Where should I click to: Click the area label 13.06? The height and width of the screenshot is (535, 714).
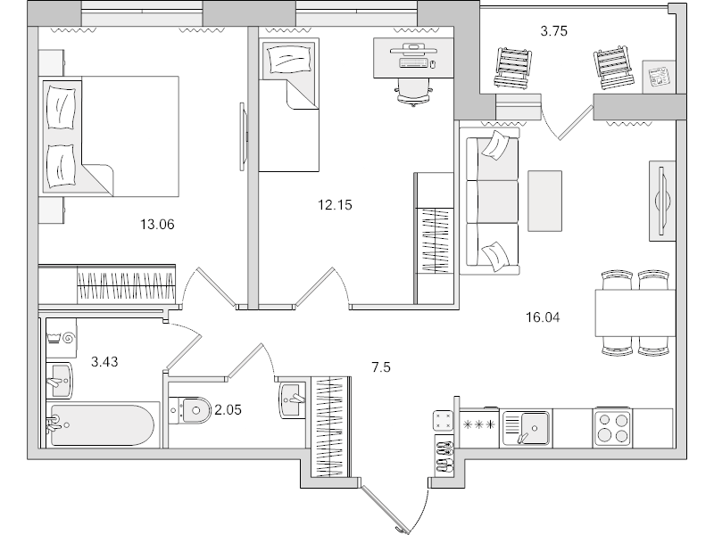coord(155,224)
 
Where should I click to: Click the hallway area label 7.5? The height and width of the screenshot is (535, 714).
coord(381,365)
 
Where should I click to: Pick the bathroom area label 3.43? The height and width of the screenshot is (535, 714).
coord(105,362)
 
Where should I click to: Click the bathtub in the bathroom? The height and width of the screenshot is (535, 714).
coord(104,425)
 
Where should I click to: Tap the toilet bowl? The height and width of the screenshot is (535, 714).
coord(192,410)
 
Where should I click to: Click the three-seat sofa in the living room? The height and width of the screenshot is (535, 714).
coord(489,201)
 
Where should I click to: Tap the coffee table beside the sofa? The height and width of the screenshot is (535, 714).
coord(544,200)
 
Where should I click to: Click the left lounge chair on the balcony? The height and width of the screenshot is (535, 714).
coord(511,69)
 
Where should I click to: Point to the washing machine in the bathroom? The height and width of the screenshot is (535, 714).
coord(63,339)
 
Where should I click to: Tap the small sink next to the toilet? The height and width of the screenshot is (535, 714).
coord(292,398)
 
